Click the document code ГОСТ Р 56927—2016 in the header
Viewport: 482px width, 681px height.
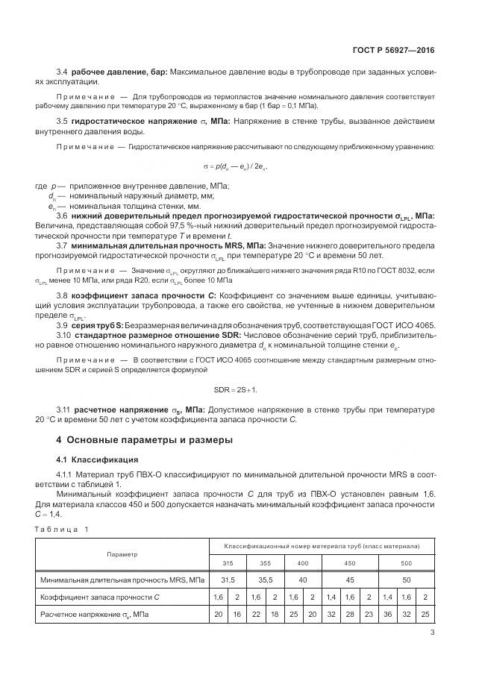[393, 51]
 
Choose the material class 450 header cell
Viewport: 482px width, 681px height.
[348, 562]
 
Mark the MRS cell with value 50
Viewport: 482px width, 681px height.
[405, 579]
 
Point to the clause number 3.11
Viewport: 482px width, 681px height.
[64, 409]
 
